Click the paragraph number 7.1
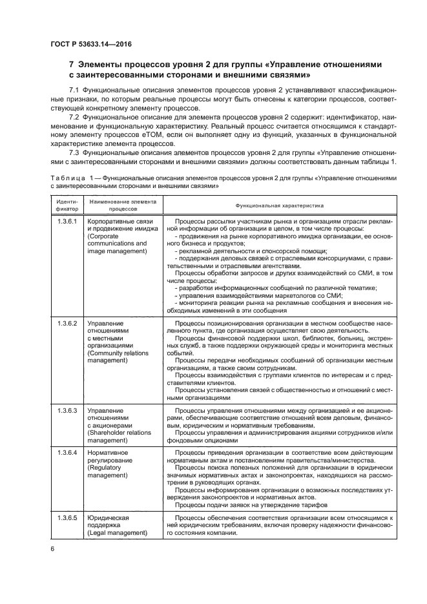click(74, 89)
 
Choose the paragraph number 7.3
click(74, 152)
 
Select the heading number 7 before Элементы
click(72, 65)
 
